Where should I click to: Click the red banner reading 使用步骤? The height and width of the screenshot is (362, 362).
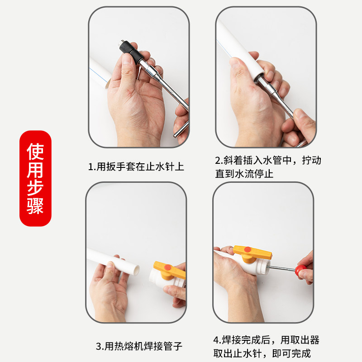tap(35, 178)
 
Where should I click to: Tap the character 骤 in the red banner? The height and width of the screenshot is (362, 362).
tap(35, 207)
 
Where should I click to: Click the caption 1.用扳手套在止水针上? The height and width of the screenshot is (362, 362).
tap(136, 167)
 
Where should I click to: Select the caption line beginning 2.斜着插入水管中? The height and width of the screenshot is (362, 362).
tap(268, 160)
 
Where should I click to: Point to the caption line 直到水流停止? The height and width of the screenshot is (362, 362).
tap(244, 174)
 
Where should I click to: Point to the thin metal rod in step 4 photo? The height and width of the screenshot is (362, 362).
tap(283, 270)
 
